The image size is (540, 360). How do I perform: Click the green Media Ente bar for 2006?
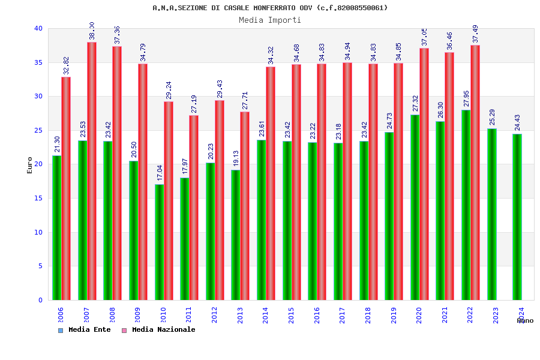click(x=56, y=228)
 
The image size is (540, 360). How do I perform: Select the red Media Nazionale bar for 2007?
click(x=92, y=171)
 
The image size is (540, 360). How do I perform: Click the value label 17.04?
click(x=160, y=173)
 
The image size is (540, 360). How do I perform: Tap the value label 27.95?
click(x=467, y=98)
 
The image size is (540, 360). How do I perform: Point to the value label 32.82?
click(x=66, y=65)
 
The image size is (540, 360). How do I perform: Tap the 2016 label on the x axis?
click(x=317, y=315)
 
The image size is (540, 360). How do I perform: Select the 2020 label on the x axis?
click(x=419, y=315)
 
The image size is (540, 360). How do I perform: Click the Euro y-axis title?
click(x=30, y=165)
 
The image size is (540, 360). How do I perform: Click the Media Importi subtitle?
click(x=270, y=20)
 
